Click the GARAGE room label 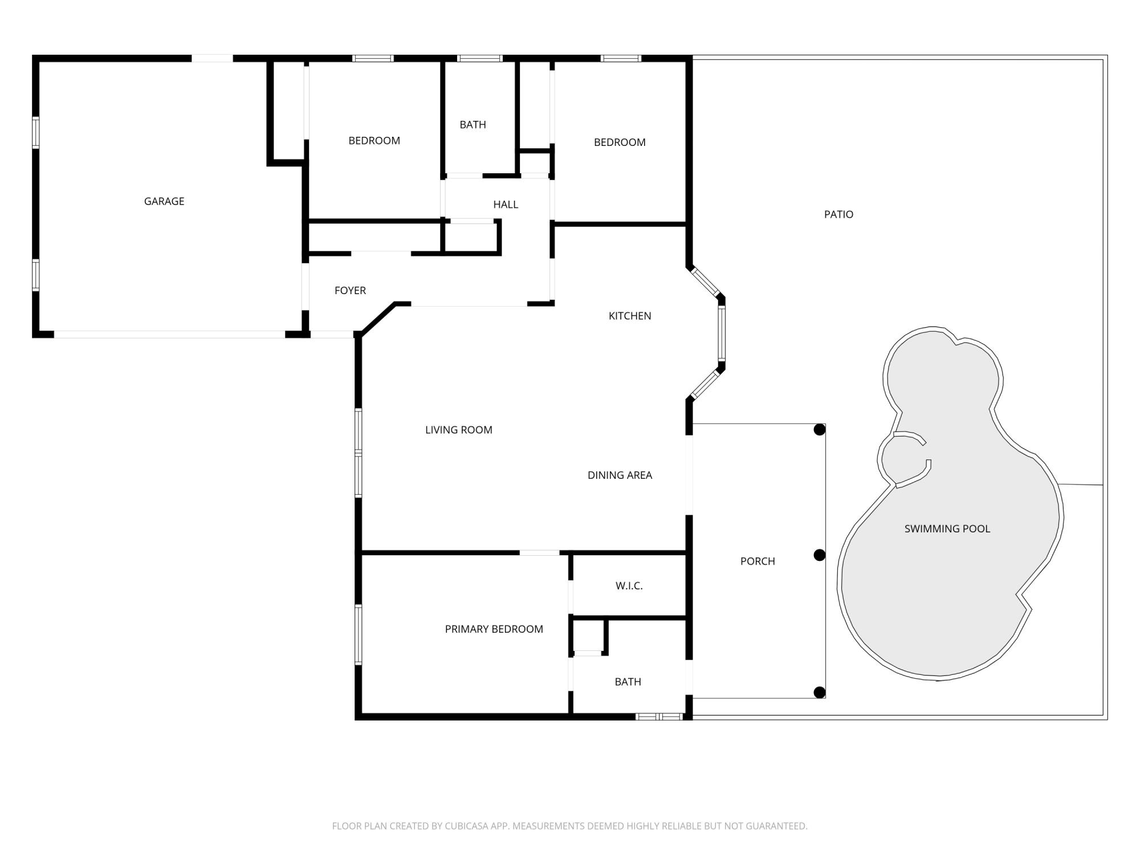click(164, 201)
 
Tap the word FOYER click(350, 291)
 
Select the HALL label click(506, 205)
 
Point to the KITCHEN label click(630, 316)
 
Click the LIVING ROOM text click(459, 430)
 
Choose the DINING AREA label click(620, 475)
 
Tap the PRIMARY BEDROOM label click(494, 629)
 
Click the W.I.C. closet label click(629, 586)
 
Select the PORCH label click(758, 561)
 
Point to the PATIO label click(838, 215)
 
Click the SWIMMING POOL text click(947, 529)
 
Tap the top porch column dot click(819, 430)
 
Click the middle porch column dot click(819, 555)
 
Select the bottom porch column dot click(819, 693)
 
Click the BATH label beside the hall click(473, 125)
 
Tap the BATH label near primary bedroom click(628, 682)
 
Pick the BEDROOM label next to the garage click(374, 141)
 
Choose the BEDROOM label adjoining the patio click(620, 142)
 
